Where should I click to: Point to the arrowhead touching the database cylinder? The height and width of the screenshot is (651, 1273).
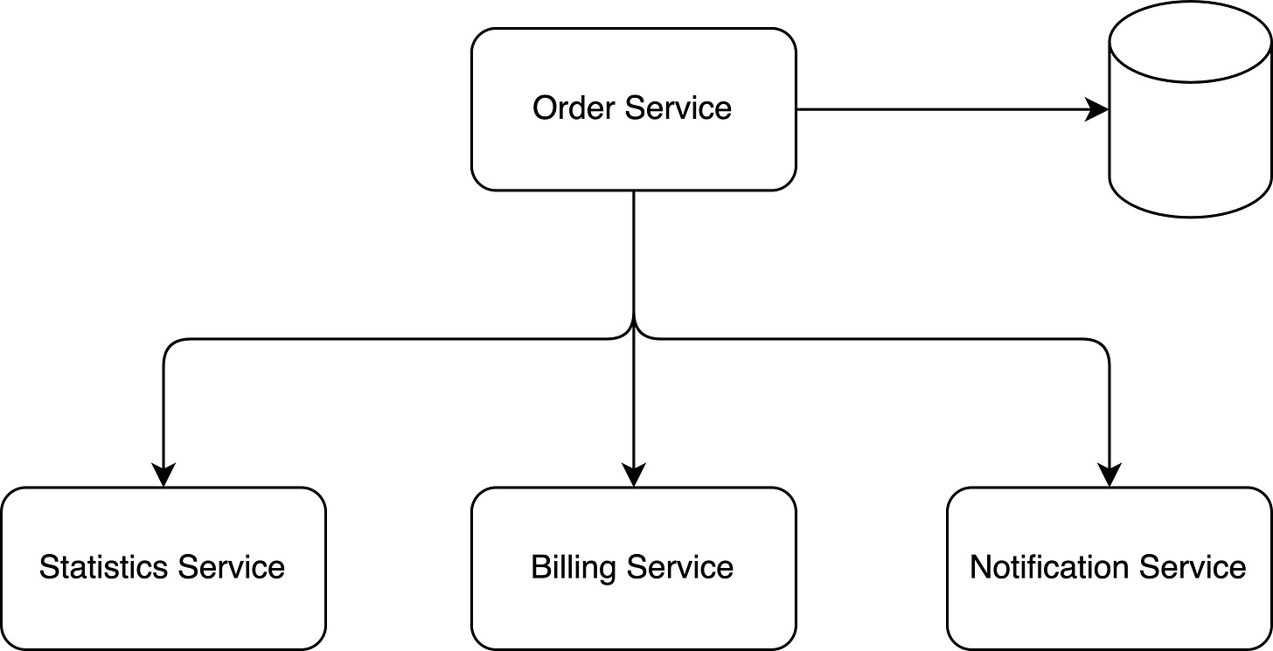click(x=1098, y=109)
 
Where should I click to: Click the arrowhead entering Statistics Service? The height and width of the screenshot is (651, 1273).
click(x=163, y=475)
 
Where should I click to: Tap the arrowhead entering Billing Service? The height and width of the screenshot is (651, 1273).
click(x=633, y=475)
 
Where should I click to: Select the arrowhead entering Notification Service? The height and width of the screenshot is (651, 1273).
click(x=1109, y=475)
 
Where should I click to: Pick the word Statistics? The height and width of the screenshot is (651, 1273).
click(x=104, y=567)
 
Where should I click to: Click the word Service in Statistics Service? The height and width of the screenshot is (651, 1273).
click(x=232, y=567)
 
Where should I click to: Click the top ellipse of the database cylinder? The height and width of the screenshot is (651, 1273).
click(x=1190, y=39)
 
